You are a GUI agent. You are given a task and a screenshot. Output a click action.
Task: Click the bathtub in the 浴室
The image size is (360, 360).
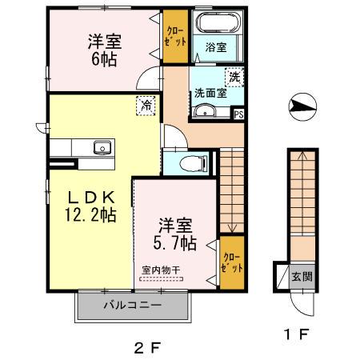coord(218,22)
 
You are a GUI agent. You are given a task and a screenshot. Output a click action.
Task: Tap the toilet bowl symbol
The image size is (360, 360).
coord(194,163)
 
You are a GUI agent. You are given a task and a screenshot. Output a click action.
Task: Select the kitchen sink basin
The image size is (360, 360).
coord(102,147)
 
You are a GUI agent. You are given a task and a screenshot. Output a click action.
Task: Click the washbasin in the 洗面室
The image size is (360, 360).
coord(205,110)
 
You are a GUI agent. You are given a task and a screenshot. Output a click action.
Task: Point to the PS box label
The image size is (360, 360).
coord(238,114)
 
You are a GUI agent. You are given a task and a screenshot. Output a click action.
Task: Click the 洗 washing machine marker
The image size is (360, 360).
coord(234,78)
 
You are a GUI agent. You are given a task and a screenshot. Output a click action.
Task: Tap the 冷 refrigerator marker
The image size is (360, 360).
coord(146,106)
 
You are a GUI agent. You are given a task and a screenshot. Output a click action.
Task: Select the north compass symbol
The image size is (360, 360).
coord(302,106)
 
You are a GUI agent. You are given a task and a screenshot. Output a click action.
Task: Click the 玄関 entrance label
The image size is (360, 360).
coord(302,277)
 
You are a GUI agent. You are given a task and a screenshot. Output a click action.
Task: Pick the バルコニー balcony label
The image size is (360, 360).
coord(133,305)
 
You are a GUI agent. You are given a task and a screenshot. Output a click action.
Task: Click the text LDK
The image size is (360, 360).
coord(91,198)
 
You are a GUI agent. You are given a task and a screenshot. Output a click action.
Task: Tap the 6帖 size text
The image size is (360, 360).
coord(104,59)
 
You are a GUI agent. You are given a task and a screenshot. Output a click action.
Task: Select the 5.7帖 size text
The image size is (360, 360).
coord(175,243)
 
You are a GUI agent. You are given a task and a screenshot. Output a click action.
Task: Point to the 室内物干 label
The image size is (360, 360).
coord(161,270)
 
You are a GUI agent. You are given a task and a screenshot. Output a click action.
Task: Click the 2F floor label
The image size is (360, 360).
coord(147,348)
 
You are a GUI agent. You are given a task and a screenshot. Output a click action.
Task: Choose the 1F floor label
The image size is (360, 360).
coord(297,334)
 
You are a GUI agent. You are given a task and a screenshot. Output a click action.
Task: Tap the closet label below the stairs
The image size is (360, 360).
coord(232,262)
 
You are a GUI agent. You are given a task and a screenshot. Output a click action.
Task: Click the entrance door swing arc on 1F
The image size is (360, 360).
coord(296,310)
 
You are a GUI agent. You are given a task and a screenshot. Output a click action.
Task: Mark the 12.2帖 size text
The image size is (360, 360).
coord(90,215)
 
